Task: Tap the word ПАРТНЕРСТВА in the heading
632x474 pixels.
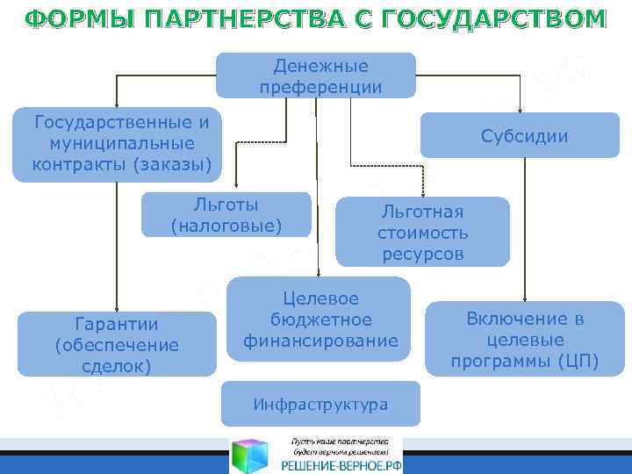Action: (232, 19)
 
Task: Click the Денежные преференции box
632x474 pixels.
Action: (317, 75)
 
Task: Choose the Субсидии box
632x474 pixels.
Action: (523, 137)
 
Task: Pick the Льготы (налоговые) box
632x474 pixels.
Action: (226, 216)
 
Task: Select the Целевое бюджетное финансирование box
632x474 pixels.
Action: (320, 319)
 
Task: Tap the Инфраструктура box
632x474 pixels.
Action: (320, 405)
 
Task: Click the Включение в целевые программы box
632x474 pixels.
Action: (524, 340)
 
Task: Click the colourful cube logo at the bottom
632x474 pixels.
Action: (252, 454)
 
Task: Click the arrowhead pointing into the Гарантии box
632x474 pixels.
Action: (112, 307)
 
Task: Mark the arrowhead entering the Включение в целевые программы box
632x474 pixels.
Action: (525, 298)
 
